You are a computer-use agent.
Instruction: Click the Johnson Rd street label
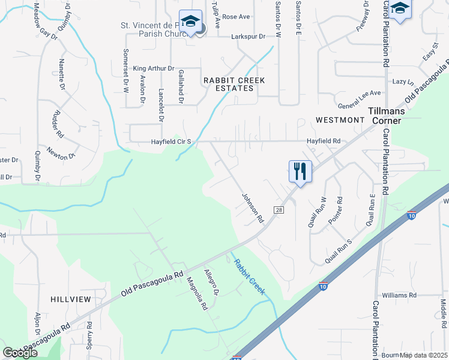[253, 208]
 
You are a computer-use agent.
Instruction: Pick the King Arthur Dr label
[153, 69]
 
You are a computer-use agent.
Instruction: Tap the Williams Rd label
[399, 295]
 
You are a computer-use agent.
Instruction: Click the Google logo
[20, 353]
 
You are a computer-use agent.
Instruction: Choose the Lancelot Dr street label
[161, 104]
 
